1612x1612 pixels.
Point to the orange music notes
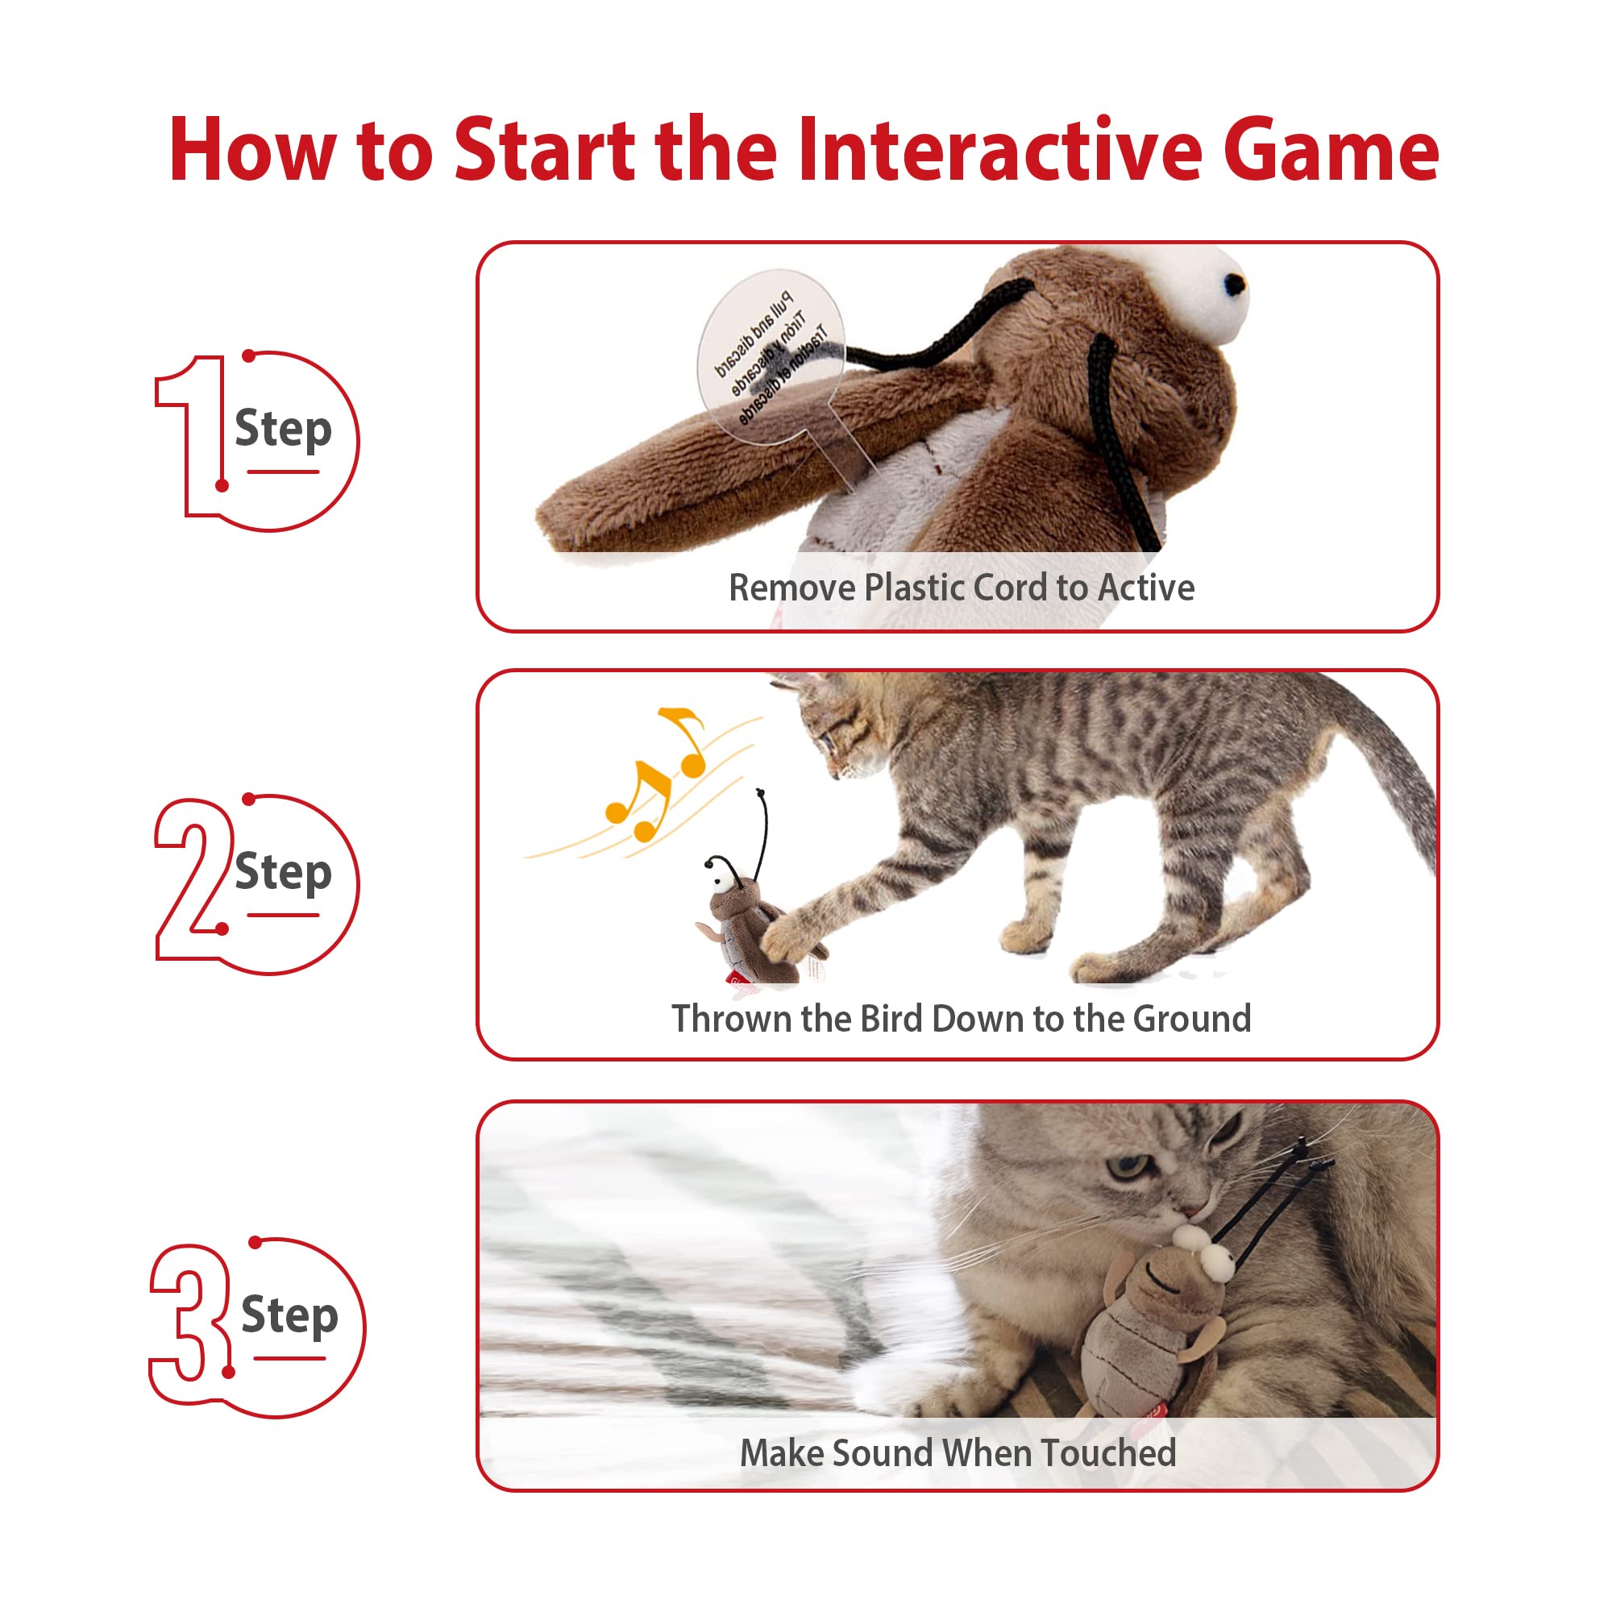coord(659,776)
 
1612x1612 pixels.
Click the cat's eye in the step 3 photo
coord(1127,1166)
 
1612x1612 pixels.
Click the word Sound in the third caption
coord(886,1453)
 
